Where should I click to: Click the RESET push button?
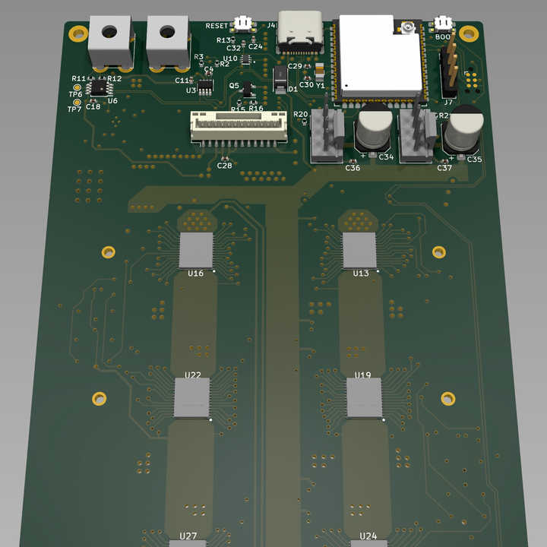[243, 23]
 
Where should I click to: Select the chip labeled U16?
[197, 249]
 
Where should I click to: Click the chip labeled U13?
[359, 249]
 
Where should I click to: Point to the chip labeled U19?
[365, 397]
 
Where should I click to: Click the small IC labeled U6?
[99, 88]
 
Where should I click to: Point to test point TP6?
[77, 88]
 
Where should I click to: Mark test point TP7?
[76, 103]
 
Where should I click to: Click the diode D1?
[280, 77]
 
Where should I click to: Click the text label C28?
[225, 166]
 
